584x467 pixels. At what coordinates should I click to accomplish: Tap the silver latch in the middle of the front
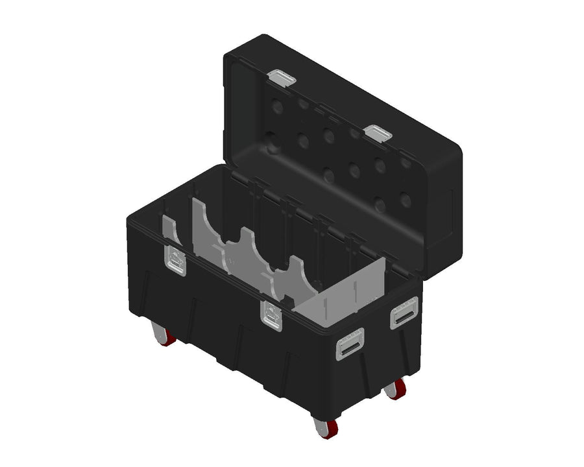271,315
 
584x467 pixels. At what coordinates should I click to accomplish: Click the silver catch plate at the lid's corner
282,78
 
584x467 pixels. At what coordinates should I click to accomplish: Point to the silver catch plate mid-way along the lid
378,134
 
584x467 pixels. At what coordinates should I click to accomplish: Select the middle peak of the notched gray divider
247,237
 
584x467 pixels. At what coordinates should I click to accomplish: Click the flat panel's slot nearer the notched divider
323,295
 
